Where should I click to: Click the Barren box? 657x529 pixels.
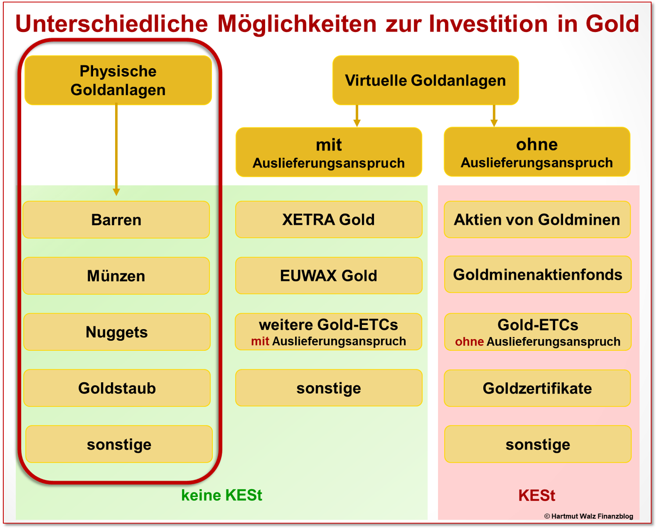116,220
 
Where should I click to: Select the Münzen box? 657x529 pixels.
116,276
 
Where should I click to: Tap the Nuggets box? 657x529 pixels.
117,332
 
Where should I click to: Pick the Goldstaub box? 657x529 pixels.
117,388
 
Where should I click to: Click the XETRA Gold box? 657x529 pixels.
328,220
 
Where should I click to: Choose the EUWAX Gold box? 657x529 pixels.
328,276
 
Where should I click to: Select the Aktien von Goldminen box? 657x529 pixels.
537,220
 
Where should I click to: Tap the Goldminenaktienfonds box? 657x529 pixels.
537,275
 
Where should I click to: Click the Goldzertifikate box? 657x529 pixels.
537,388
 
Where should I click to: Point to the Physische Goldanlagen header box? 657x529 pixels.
118,80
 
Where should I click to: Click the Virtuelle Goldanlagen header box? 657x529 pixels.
425,80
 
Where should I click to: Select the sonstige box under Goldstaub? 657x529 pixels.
119,444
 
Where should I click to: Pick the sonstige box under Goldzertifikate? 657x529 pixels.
538,444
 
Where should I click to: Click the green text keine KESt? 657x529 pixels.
221,495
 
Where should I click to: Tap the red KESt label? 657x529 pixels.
536,496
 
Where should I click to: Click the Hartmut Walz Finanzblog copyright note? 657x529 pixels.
588,516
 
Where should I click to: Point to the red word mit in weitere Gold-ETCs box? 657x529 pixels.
260,341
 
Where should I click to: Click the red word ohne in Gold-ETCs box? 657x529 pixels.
469,342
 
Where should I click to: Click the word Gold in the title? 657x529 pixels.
612,24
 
